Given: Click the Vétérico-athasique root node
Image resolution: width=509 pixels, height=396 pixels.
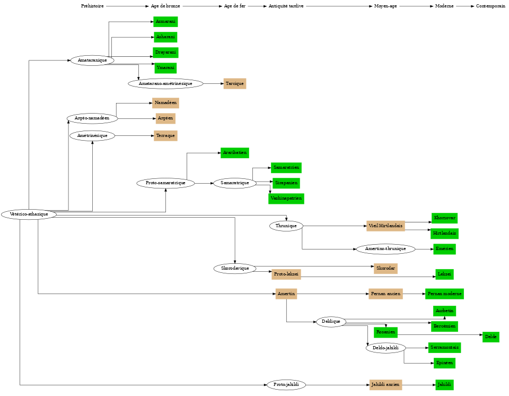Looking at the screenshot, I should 29,214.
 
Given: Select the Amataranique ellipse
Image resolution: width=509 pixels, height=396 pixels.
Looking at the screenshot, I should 92,61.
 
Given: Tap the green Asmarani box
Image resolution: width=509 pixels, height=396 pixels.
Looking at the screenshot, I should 165,22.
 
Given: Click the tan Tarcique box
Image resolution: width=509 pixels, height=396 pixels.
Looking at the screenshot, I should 234,84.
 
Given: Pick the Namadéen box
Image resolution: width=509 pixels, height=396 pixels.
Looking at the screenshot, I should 165,103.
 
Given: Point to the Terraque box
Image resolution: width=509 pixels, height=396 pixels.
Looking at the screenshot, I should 165,136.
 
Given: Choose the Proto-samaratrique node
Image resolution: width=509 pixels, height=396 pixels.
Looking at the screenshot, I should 165,183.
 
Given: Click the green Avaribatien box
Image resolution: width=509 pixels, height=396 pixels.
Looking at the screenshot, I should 234,153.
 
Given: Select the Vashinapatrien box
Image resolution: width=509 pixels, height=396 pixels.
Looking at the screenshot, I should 286,199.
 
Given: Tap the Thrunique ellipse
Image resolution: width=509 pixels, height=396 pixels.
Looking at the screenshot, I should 286,226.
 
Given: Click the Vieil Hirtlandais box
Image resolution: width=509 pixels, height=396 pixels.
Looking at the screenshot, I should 385,226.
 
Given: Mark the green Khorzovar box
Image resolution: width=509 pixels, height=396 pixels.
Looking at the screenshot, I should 444,218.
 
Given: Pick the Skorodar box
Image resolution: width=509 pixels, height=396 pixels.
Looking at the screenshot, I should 385,269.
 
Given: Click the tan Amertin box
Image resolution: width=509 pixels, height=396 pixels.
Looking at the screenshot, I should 286,294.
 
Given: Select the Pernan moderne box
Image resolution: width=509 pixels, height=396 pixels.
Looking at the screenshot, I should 444,294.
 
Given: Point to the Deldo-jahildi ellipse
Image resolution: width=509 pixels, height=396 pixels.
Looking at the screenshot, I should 385,348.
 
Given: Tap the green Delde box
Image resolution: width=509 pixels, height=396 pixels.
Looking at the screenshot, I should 490,337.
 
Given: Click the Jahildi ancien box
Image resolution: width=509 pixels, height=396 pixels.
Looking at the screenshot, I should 385,385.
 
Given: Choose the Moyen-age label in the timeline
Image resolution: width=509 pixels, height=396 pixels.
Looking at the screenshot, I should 385,6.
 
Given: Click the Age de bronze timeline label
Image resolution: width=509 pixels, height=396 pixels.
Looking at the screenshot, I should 165,6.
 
